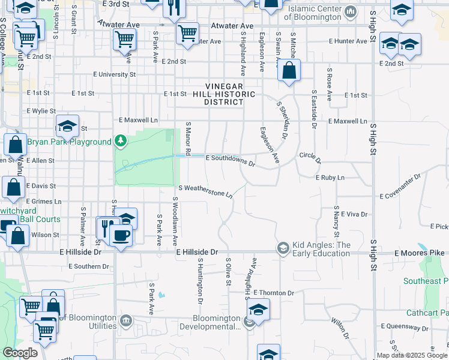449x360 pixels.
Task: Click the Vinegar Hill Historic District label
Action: (224, 94)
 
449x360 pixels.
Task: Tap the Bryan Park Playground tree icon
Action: (121, 141)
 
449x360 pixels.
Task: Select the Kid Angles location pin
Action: (283, 248)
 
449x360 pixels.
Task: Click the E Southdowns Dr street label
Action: (231, 159)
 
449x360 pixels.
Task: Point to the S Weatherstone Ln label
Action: (205, 191)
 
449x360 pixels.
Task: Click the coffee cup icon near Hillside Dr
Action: (121, 235)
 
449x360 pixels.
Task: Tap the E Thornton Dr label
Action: (273, 293)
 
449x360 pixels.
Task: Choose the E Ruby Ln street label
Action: (330, 178)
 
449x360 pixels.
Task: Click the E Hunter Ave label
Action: (348, 41)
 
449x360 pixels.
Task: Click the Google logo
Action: (20, 353)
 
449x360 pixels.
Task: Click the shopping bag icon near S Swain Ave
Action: (289, 71)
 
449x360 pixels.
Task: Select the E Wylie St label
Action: (41, 111)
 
